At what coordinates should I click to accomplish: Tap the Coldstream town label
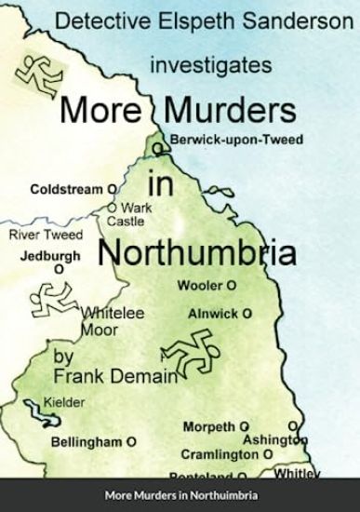point(65,189)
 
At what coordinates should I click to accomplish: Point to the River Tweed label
point(45,235)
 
